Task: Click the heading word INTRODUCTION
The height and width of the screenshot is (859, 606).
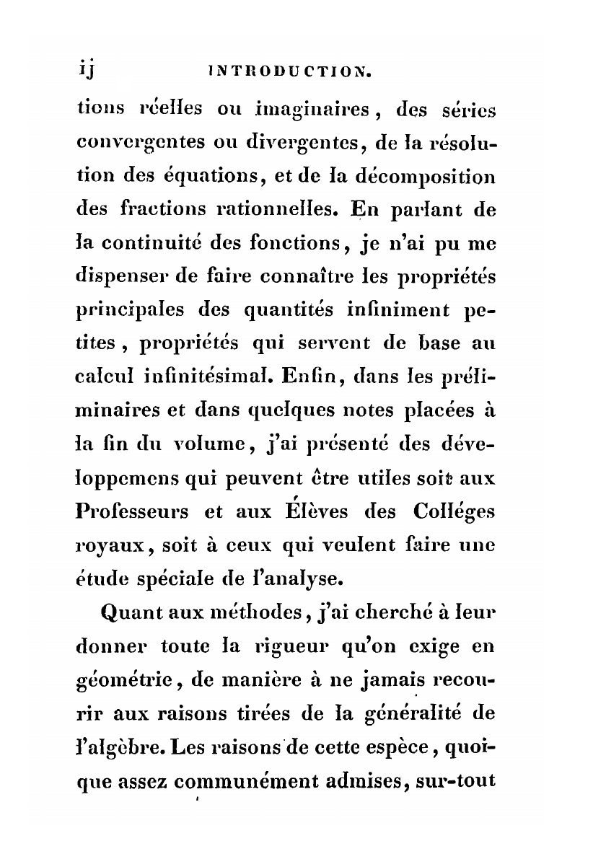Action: coord(289,71)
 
